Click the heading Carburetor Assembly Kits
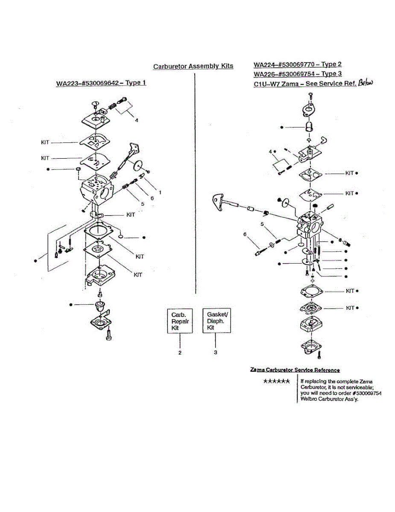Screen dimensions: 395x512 (193, 66)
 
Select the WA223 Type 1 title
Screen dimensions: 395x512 (101, 83)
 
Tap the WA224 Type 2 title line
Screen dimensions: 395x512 (298, 64)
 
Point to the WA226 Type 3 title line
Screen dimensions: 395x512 (298, 74)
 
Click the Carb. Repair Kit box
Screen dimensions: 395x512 (180, 321)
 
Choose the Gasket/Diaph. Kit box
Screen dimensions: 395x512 (217, 320)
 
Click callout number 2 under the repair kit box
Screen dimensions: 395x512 (180, 353)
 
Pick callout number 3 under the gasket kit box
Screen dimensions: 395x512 (216, 352)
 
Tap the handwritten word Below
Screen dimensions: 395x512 (366, 83)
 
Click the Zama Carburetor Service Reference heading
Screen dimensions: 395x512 (295, 370)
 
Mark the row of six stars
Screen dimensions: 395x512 (276, 381)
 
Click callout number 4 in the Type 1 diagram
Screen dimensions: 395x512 (137, 120)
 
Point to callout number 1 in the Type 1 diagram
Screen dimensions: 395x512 (160, 192)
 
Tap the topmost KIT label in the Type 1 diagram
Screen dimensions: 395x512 (45, 143)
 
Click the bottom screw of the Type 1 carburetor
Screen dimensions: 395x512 (109, 335)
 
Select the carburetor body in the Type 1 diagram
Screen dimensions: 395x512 (97, 191)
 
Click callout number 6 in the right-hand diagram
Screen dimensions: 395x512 (245, 234)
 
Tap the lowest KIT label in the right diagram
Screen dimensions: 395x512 (350, 308)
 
